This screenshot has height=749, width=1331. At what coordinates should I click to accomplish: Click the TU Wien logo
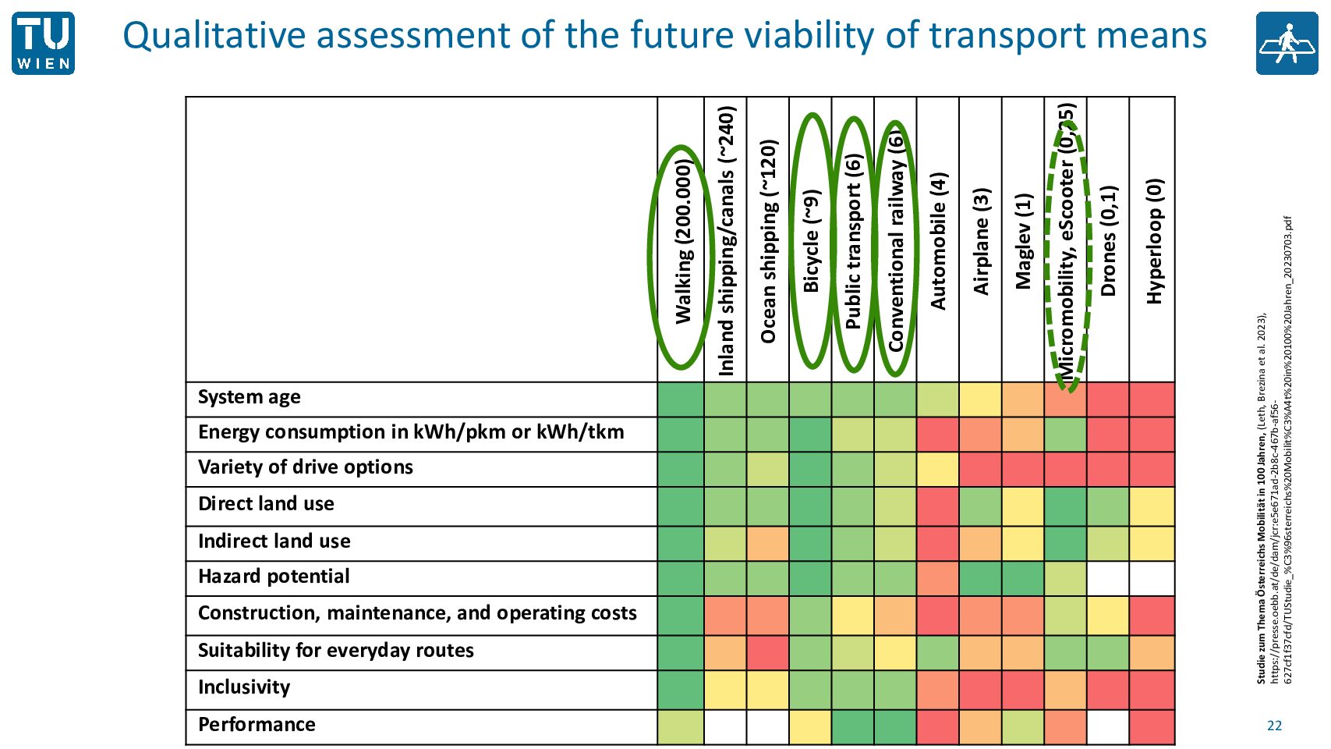tap(44, 44)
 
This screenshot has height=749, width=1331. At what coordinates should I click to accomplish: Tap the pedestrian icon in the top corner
tap(1287, 44)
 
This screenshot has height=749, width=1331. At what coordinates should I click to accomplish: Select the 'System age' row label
tap(249, 397)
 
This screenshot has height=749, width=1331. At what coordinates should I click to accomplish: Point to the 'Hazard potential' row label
tap(274, 577)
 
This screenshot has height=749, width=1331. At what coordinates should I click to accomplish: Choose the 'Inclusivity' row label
tap(244, 687)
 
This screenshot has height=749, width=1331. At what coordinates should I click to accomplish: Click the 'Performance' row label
tap(257, 725)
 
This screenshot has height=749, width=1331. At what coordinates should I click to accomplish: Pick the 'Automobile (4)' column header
tap(938, 241)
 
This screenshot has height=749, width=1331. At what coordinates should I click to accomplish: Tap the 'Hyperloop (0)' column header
tap(1153, 241)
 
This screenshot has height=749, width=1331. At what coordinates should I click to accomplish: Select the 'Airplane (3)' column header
tap(980, 241)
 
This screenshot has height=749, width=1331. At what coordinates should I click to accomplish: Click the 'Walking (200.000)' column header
tap(683, 241)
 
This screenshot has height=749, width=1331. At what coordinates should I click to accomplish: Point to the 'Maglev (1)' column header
tap(1023, 241)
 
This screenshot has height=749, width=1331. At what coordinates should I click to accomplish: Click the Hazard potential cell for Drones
tap(1108, 579)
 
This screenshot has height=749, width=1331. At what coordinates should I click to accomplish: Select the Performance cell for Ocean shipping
tap(768, 728)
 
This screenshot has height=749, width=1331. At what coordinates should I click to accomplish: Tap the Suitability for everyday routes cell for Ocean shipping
tap(768, 653)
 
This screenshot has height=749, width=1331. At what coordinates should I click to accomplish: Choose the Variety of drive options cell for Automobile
tap(938, 470)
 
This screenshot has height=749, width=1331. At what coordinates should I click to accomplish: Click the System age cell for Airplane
tap(980, 399)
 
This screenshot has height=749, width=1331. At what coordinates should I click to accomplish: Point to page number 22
tap(1275, 726)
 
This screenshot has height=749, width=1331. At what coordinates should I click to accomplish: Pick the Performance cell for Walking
tap(681, 728)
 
